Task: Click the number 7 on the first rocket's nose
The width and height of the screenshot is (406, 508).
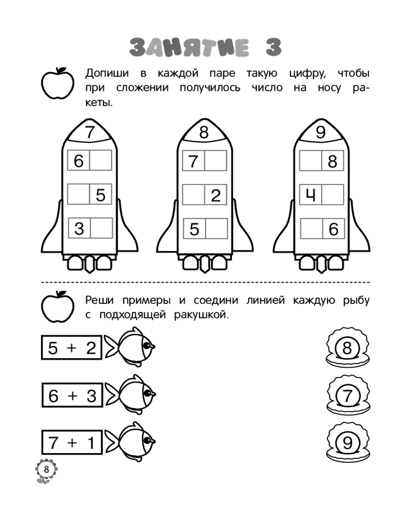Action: pyautogui.click(x=89, y=132)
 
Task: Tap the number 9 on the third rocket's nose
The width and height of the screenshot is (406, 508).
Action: pyautogui.click(x=320, y=133)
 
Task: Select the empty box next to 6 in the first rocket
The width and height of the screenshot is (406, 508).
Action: pyautogui.click(x=100, y=160)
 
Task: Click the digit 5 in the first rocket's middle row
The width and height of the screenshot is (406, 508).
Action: pyautogui.click(x=100, y=195)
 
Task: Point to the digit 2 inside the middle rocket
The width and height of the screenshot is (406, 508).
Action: pyautogui.click(x=216, y=196)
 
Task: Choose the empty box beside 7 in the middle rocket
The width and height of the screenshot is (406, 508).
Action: pyautogui.click(x=216, y=161)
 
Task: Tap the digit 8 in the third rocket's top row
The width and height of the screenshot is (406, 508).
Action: pyautogui.click(x=332, y=162)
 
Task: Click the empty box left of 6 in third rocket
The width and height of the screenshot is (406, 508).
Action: pyautogui.click(x=312, y=229)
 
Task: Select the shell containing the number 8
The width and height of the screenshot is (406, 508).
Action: pyautogui.click(x=348, y=347)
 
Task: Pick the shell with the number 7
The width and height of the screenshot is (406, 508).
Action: pyautogui.click(x=348, y=395)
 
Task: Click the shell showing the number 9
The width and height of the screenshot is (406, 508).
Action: pyautogui.click(x=348, y=442)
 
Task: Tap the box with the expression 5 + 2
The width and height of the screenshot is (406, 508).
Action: pyautogui.click(x=72, y=347)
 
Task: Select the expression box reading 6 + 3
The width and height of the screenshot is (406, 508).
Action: pyautogui.click(x=72, y=395)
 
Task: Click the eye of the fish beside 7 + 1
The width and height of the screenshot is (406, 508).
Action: pyautogui.click(x=148, y=441)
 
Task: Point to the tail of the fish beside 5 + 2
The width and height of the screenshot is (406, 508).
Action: pyautogui.click(x=112, y=348)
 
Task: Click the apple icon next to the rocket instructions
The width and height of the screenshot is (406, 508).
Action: pyautogui.click(x=58, y=83)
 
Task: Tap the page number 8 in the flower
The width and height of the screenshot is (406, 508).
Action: pyautogui.click(x=46, y=469)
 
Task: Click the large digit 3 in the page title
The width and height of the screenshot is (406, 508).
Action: pyautogui.click(x=274, y=47)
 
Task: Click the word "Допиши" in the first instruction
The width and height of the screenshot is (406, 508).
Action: pyautogui.click(x=107, y=74)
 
